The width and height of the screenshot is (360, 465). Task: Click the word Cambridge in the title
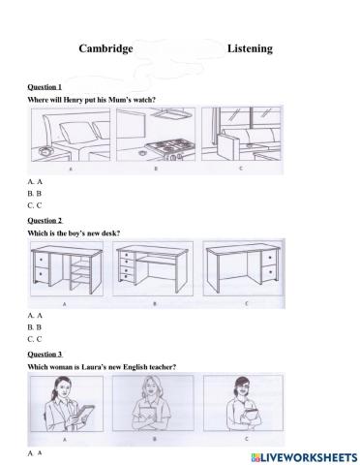pyautogui.click(x=105, y=47)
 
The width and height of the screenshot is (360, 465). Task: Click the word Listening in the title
pyautogui.click(x=250, y=47)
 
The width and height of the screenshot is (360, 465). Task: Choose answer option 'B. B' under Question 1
pyautogui.click(x=35, y=193)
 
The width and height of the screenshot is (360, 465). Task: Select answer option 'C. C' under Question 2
pyautogui.click(x=35, y=339)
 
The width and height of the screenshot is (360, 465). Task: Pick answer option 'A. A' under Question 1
pyautogui.click(x=35, y=181)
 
